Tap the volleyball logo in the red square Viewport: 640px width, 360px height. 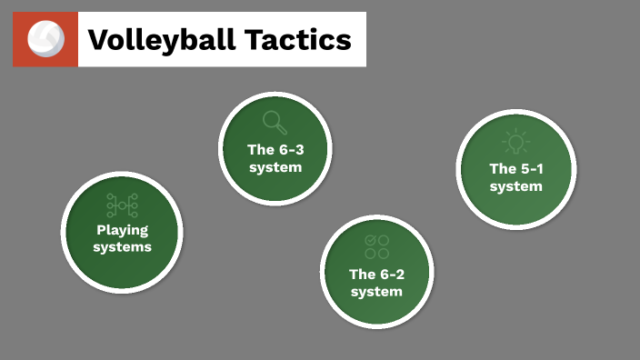tap(45, 39)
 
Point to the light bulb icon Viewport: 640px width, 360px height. tap(515, 142)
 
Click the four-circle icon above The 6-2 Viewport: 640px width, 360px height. tap(376, 246)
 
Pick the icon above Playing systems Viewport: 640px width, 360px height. tap(122, 205)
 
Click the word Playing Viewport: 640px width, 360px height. tap(122, 230)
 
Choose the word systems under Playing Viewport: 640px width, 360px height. tap(122, 246)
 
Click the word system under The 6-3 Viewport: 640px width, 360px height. tap(275, 167)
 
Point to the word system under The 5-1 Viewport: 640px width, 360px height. tap(515, 185)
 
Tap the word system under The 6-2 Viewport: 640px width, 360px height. tap(376, 291)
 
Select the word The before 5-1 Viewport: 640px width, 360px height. tap(502, 168)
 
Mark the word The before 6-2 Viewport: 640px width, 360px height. tap(362, 274)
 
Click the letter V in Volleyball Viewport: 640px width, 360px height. tap(98, 40)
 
